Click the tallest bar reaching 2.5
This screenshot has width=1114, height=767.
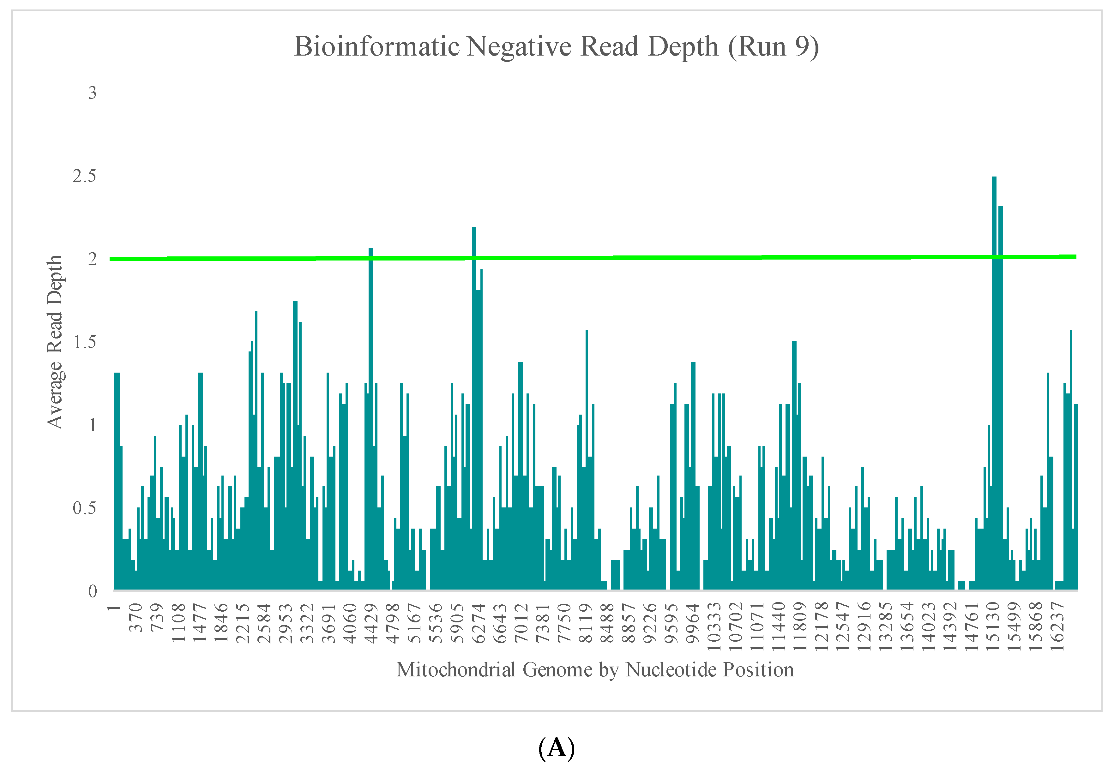(x=994, y=385)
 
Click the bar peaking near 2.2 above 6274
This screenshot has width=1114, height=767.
(x=474, y=409)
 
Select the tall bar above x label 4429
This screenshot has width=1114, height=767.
(x=370, y=418)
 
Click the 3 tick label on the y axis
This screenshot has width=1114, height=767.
(x=92, y=93)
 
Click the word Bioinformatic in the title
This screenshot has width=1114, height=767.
(x=376, y=47)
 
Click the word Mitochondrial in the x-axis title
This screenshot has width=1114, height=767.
(x=455, y=669)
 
